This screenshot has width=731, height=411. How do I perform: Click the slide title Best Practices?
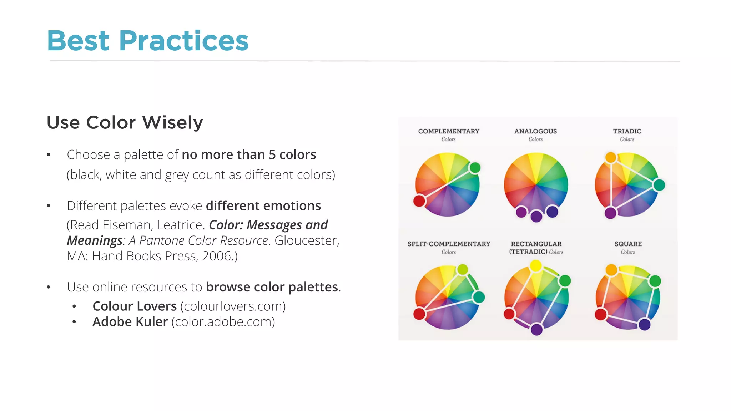coord(147,41)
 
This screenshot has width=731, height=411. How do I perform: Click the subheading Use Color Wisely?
coord(125,123)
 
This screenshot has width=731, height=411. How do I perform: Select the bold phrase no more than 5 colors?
coord(249,155)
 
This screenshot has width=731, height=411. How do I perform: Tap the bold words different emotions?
coord(263,206)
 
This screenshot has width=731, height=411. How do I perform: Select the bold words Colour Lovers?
coord(135,306)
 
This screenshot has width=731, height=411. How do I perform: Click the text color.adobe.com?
coord(223,322)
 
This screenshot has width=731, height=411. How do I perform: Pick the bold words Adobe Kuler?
coord(130,322)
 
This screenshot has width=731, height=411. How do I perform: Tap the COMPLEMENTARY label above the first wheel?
coord(448,131)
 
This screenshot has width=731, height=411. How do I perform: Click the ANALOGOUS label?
coord(535,131)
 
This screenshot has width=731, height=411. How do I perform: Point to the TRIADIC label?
coord(627,131)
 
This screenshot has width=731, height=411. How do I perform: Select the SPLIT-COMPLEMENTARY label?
coord(449,244)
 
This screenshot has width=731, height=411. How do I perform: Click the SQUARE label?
coord(628,244)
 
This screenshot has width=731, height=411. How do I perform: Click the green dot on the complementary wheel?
coord(475,168)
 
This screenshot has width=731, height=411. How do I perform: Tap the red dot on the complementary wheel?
coord(419,201)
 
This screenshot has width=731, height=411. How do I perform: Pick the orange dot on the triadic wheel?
coord(611,157)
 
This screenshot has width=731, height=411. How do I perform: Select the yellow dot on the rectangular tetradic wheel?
coord(535,266)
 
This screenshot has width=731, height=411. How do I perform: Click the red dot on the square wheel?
coord(601,314)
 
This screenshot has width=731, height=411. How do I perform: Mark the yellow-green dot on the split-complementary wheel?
coord(462,269)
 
